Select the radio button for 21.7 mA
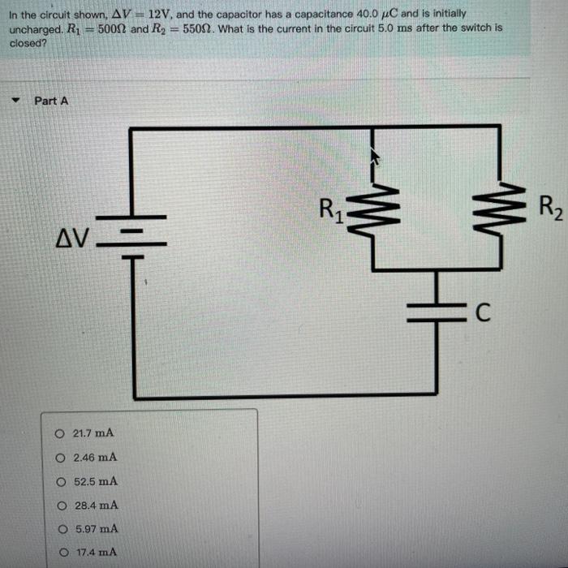click(59, 433)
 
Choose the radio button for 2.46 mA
click(60, 458)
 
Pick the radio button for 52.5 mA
click(60, 481)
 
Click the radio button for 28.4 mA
click(60, 505)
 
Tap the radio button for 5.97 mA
click(61, 529)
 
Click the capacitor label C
click(482, 313)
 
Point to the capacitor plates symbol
click(438, 312)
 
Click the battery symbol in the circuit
click(131, 236)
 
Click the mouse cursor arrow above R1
click(374, 155)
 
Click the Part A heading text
click(51, 101)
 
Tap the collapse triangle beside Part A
click(15, 101)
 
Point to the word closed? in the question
click(28, 42)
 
